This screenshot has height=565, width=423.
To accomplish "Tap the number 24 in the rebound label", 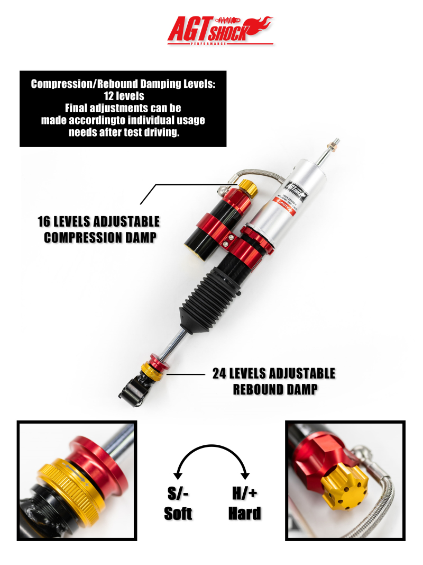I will [x=220, y=373].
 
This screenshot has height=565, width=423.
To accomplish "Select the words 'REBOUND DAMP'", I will [x=275, y=390].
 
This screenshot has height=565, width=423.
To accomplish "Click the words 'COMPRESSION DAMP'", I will [x=100, y=237].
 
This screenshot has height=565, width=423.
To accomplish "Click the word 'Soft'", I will [x=178, y=513].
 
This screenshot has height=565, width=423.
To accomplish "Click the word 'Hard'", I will [x=244, y=513].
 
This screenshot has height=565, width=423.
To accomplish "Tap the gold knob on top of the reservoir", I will [x=246, y=186].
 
